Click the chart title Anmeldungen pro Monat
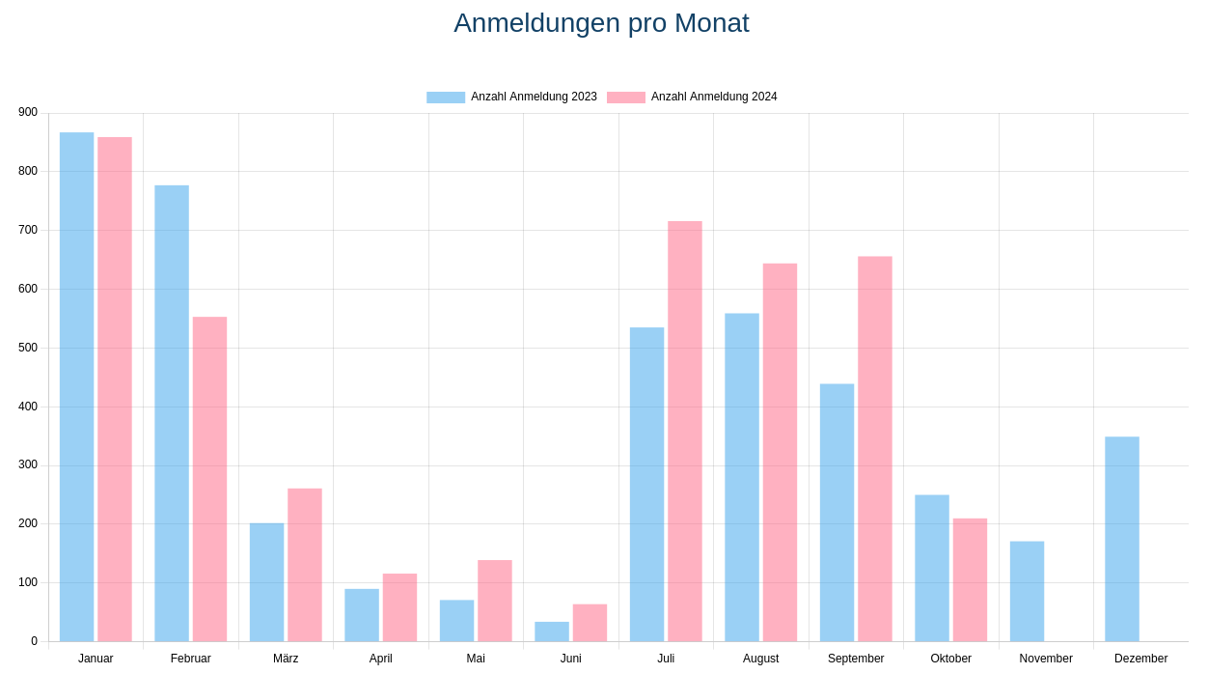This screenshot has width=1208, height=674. coord(601,23)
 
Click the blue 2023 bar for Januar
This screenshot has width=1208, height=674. coord(77,386)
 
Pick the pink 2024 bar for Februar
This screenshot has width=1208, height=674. coord(209,479)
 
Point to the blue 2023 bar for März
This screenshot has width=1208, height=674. coord(266,582)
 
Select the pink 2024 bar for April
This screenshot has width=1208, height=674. coord(399,607)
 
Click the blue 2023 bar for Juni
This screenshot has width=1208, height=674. coord(552,632)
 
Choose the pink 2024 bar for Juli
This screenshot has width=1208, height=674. coord(685,431)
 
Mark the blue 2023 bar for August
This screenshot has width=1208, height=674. coord(742,477)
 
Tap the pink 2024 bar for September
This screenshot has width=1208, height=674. coord(875,449)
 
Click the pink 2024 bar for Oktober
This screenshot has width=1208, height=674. coord(970,579)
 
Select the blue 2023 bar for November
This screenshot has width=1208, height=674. coord(1027,591)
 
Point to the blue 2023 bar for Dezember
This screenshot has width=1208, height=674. coord(1122,539)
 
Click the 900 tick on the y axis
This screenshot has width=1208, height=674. coord(28,112)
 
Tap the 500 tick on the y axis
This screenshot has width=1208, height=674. coord(28,348)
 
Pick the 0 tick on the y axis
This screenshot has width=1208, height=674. coord(34,641)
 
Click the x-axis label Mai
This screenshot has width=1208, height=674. coord(476,659)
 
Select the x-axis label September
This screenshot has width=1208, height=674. coord(856,659)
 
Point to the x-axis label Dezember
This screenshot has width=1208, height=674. coord(1140,659)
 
